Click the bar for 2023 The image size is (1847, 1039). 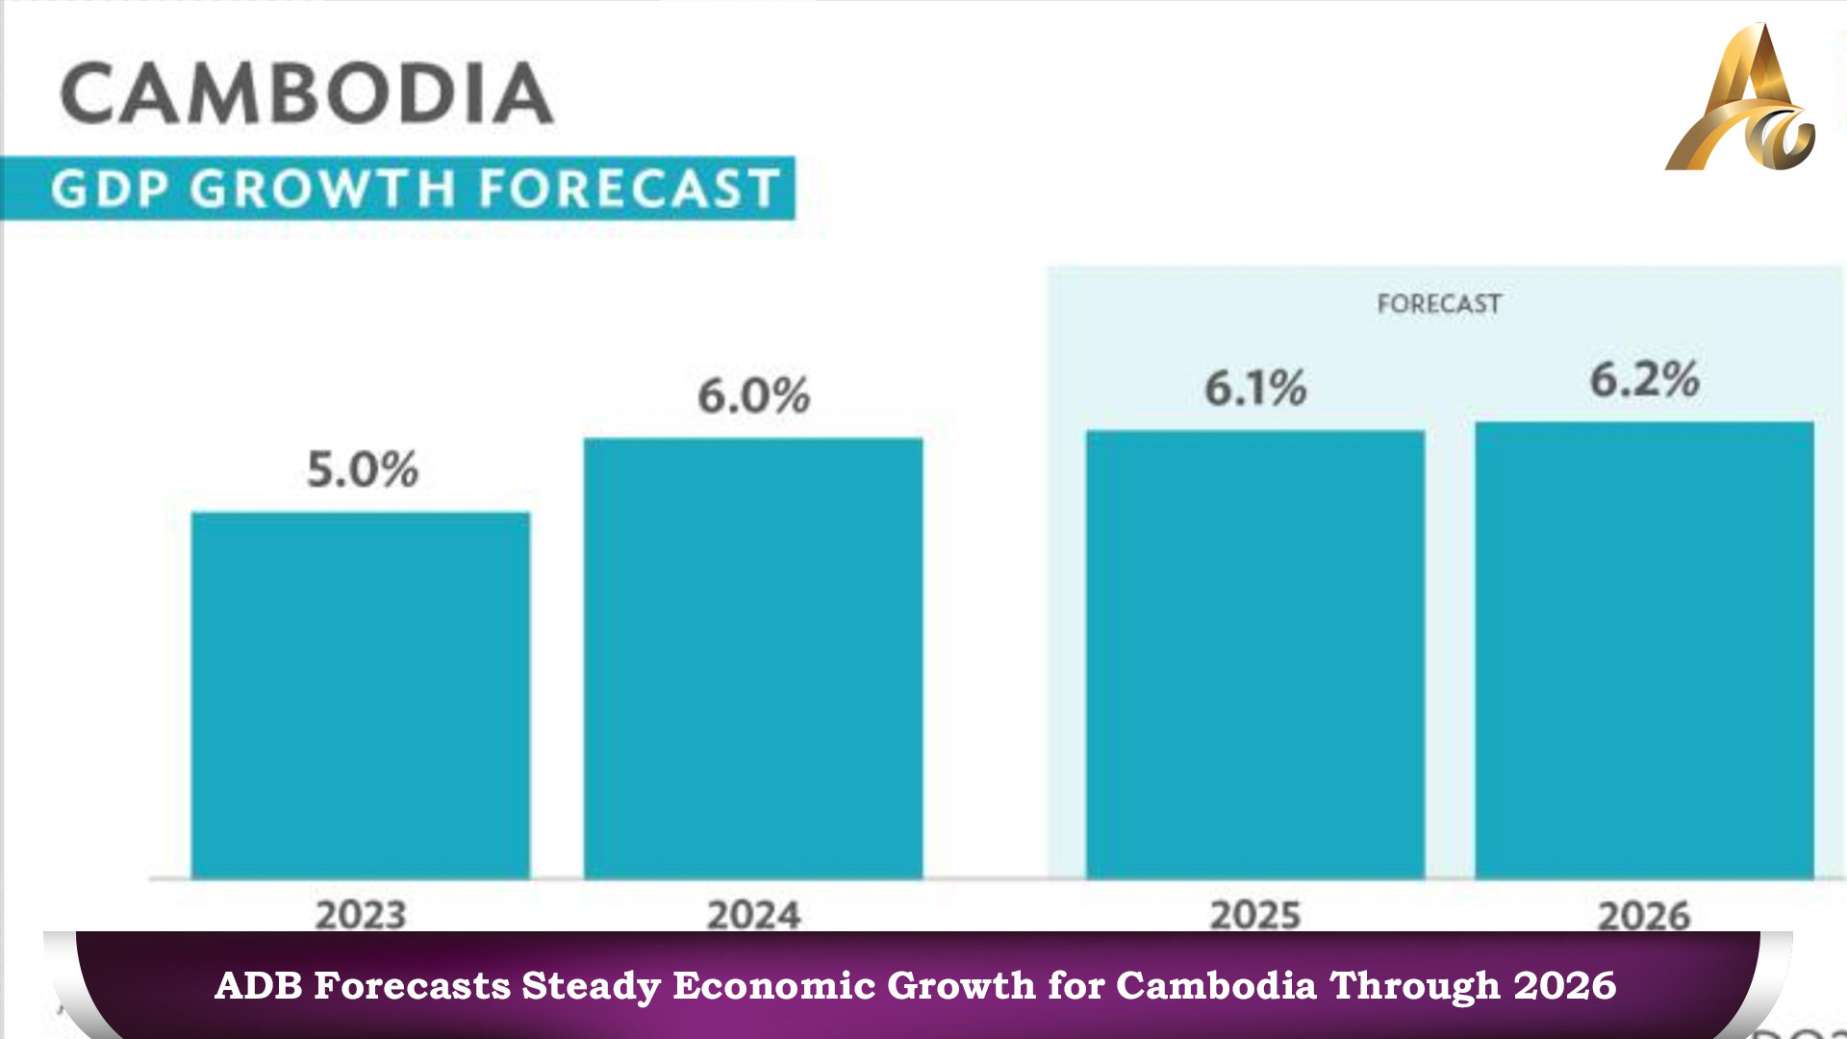(361, 695)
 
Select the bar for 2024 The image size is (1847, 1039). (753, 658)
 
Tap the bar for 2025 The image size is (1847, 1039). (1255, 654)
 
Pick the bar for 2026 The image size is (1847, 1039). (1645, 650)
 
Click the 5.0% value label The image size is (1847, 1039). (363, 469)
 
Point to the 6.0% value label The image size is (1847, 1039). (754, 395)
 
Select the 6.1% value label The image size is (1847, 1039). (1256, 388)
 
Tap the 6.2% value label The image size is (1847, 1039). (1645, 379)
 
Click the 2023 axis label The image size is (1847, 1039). (361, 915)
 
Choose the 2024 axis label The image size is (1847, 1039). (754, 915)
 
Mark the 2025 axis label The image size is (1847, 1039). (1255, 915)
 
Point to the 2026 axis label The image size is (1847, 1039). (1644, 915)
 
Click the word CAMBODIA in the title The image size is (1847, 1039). (307, 93)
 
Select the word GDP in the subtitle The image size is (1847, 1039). (111, 189)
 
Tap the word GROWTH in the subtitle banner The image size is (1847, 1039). (322, 189)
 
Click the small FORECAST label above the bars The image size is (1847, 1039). (1439, 304)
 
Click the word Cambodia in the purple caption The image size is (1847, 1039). (1216, 986)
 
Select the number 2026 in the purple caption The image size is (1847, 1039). (1565, 986)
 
